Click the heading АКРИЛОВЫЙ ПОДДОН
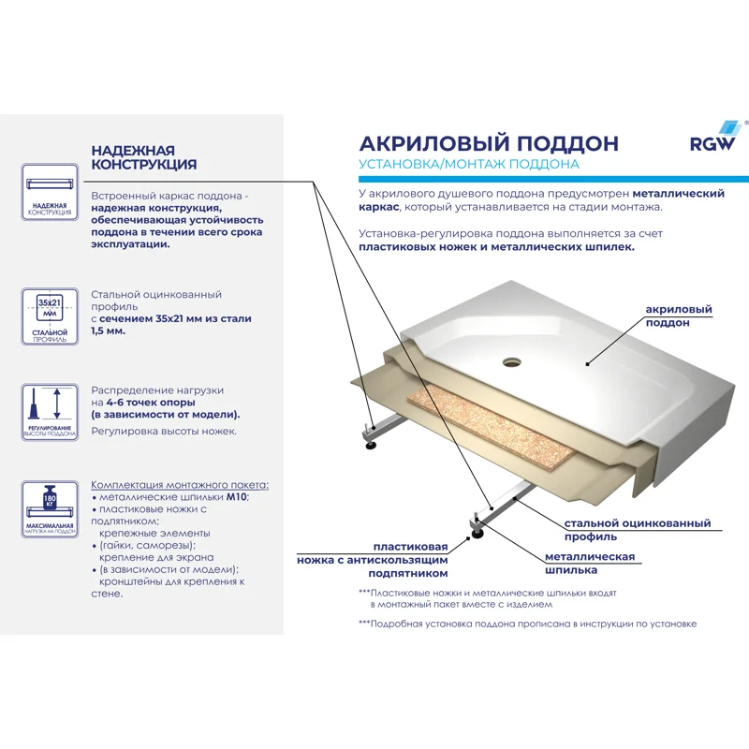pos(489,143)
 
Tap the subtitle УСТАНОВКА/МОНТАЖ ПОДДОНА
pos(468,165)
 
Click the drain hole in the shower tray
pos(511,359)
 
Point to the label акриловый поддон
pos(678,316)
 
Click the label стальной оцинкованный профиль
pos(637,531)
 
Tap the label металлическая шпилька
pos(590,563)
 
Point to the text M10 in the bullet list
pos(239,496)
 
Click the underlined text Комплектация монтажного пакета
pos(179,484)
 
